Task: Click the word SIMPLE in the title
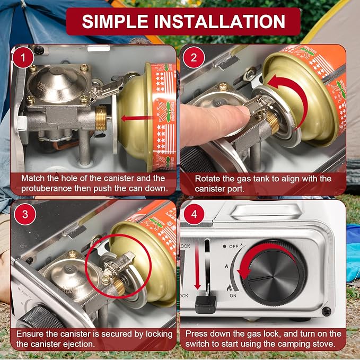tap(115, 21)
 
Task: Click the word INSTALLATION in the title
tap(219, 21)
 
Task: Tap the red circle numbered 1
tap(23, 58)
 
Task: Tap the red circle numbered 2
tap(194, 57)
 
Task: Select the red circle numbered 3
tap(25, 214)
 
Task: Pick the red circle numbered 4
tap(194, 214)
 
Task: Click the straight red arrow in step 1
tap(137, 118)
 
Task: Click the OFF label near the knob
tap(234, 247)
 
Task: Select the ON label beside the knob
tap(233, 295)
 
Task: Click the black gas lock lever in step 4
tap(206, 304)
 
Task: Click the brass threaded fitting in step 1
tap(101, 118)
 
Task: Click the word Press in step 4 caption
tap(196, 333)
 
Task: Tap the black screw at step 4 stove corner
tap(326, 311)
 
